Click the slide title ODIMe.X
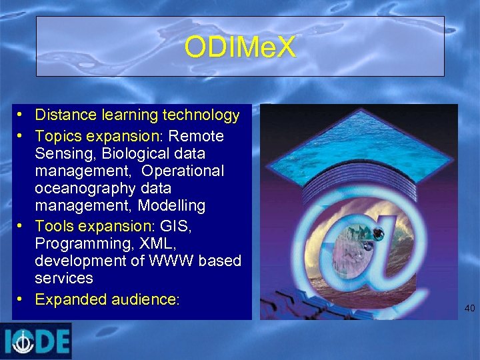coord(240,47)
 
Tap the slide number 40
coord(469,308)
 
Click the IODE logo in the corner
coord(35,341)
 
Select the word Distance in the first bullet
coord(64,115)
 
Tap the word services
coord(64,278)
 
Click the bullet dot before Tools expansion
coord(23,226)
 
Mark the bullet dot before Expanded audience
coord(23,299)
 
